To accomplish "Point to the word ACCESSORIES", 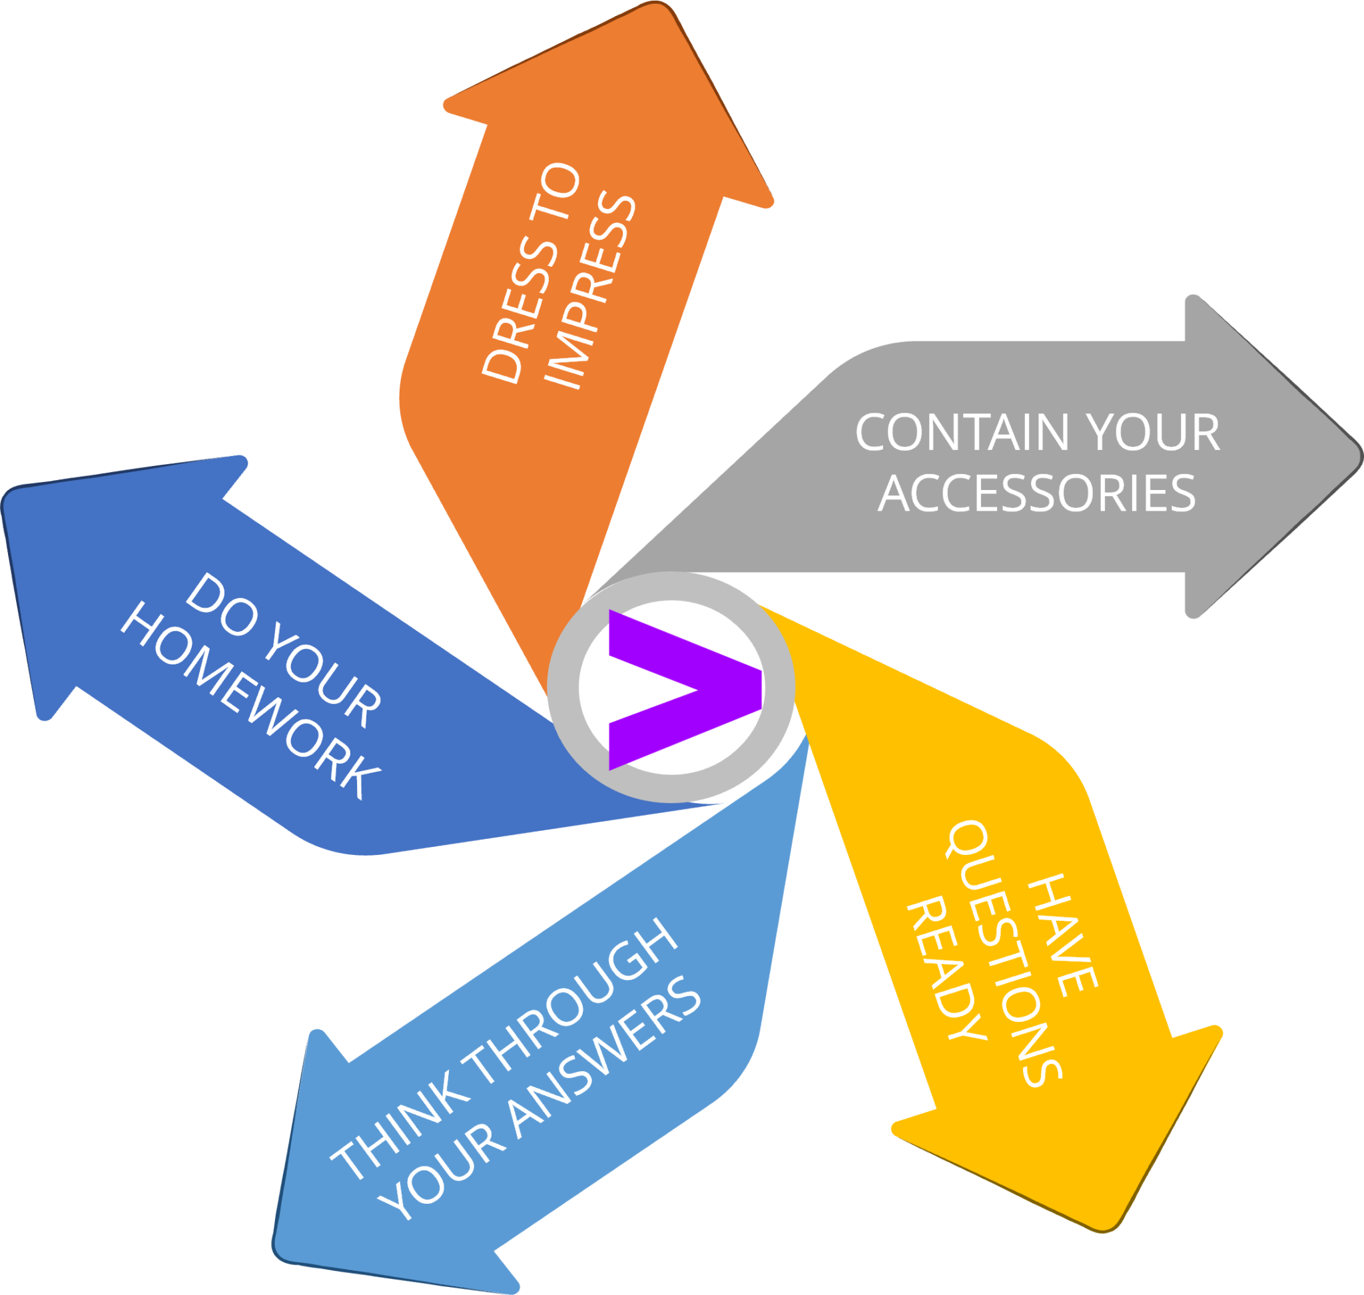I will click(1036, 493).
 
